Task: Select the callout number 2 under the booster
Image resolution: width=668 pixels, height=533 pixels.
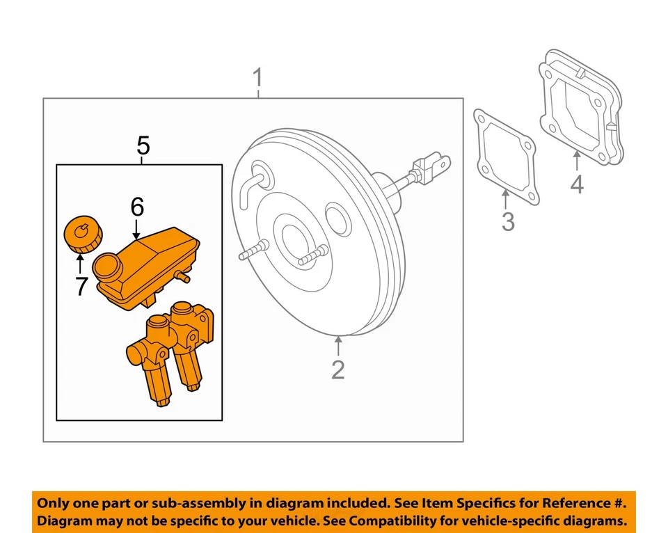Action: [x=338, y=369]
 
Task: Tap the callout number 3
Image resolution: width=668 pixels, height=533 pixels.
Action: [x=508, y=223]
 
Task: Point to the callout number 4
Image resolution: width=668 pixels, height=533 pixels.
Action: [x=577, y=184]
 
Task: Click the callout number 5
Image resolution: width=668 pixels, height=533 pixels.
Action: [x=143, y=145]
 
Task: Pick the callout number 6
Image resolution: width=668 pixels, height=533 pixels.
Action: [x=137, y=207]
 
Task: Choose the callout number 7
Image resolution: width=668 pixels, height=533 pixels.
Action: [x=81, y=286]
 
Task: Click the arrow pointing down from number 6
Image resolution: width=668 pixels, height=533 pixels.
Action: [x=137, y=228]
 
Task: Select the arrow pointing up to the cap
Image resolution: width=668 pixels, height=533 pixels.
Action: [x=81, y=264]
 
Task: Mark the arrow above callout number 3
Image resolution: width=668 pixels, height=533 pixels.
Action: [x=507, y=201]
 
